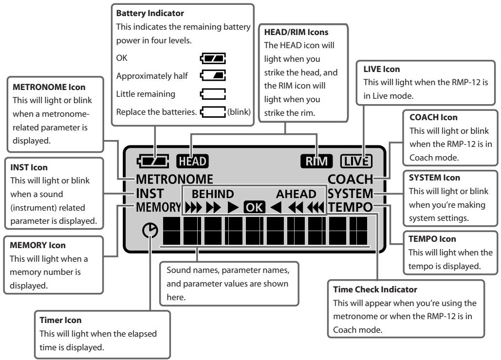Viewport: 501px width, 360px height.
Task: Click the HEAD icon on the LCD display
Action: pyautogui.click(x=192, y=161)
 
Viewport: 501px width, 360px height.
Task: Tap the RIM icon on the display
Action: pyautogui.click(x=316, y=161)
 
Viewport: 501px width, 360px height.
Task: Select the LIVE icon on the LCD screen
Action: pyautogui.click(x=356, y=161)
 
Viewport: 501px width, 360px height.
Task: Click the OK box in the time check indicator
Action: pyautogui.click(x=254, y=207)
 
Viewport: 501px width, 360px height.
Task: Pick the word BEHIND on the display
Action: pyautogui.click(x=213, y=194)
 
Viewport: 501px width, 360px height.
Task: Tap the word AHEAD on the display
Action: pyautogui.click(x=296, y=194)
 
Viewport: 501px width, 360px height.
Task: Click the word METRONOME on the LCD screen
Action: pyautogui.click(x=174, y=180)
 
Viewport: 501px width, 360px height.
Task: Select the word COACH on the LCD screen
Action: pyautogui.click(x=351, y=180)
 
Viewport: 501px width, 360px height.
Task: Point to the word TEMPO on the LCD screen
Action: pyautogui.click(x=351, y=207)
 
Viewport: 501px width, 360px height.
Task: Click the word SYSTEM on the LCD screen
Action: pyautogui.click(x=351, y=194)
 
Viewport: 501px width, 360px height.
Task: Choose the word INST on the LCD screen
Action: pyautogui.click(x=150, y=194)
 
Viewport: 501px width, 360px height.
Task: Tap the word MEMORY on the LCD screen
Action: pyautogui.click(x=159, y=207)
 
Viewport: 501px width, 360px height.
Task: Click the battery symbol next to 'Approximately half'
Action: pyautogui.click(x=213, y=75)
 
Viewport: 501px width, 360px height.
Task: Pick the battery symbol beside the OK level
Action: pyautogui.click(x=213, y=58)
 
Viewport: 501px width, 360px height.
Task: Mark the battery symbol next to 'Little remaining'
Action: pyautogui.click(x=213, y=94)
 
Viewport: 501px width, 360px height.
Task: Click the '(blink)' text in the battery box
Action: pyautogui.click(x=239, y=112)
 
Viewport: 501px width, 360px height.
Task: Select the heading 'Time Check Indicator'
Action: pyautogui.click(x=375, y=289)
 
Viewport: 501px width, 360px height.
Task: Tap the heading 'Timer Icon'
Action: pyautogui.click(x=60, y=320)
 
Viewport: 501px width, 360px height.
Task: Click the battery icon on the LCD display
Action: pyautogui.click(x=153, y=162)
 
